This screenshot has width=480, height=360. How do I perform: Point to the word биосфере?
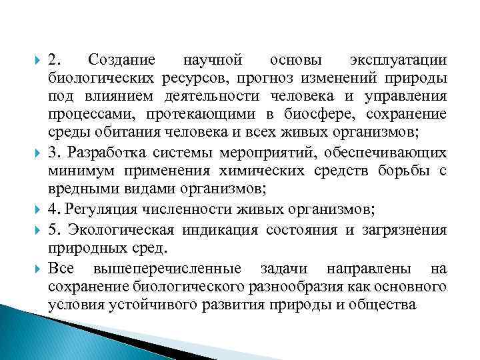(313, 113)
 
